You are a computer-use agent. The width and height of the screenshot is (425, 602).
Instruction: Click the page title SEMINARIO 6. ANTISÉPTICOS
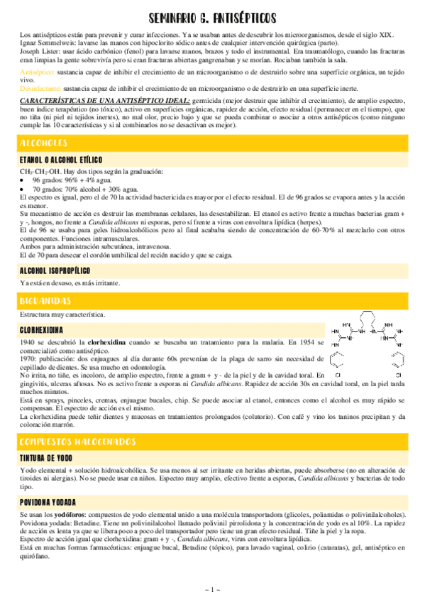(x=212, y=17)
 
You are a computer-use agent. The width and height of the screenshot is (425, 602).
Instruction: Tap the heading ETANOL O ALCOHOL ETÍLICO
(x=61, y=160)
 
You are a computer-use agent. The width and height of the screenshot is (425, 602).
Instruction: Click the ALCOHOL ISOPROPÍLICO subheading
(x=55, y=270)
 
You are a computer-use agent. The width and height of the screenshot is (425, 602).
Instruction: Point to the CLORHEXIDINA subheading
(x=42, y=330)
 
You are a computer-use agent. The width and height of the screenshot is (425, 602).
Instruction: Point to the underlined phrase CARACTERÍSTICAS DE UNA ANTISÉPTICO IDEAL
(x=104, y=102)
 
